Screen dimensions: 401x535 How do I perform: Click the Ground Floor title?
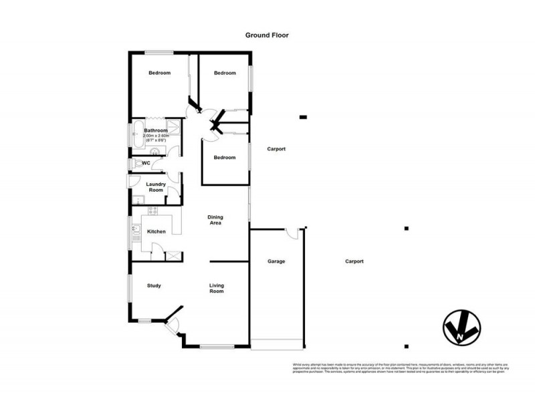click(x=267, y=36)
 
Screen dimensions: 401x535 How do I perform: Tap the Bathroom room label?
click(x=156, y=130)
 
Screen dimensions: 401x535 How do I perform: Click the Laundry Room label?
click(x=156, y=187)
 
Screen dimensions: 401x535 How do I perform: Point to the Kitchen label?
click(x=156, y=231)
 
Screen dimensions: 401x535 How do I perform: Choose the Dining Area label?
click(x=215, y=220)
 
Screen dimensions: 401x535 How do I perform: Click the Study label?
click(x=154, y=286)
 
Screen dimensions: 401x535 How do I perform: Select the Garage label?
click(x=276, y=261)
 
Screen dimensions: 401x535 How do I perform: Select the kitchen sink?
click(x=135, y=232)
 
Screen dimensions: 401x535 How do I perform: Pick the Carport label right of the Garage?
click(x=354, y=261)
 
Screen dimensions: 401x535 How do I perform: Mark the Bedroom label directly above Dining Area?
click(x=224, y=158)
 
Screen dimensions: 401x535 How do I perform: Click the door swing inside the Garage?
click(x=290, y=233)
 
